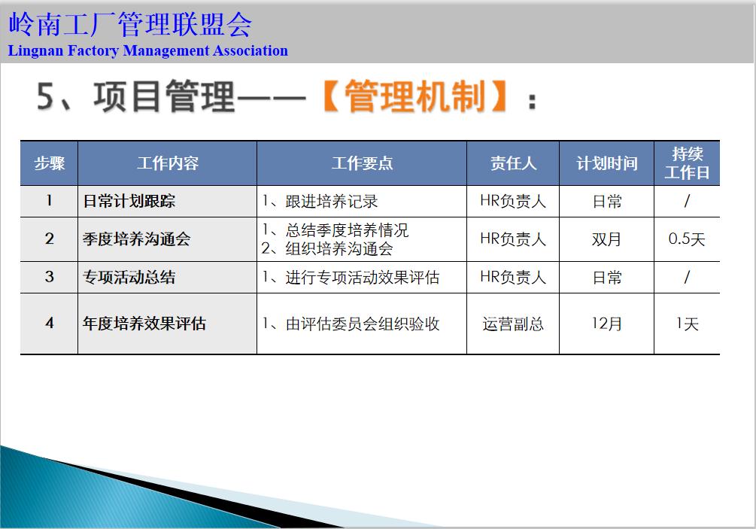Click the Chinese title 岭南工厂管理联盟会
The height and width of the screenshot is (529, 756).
tap(129, 25)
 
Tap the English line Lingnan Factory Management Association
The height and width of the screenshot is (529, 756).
tap(148, 51)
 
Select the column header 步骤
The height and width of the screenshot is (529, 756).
tap(49, 163)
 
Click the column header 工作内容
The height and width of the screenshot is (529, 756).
tap(167, 163)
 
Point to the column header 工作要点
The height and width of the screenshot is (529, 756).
tap(362, 163)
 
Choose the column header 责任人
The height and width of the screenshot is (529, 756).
tap(513, 163)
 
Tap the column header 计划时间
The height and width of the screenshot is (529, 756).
tap(606, 163)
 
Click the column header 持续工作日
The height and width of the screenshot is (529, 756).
tap(687, 163)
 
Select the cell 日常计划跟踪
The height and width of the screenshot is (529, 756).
tap(129, 202)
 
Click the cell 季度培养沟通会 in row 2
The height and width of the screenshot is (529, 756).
tap(136, 239)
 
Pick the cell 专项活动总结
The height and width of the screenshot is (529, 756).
tap(129, 277)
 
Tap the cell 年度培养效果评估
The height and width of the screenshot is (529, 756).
tap(144, 324)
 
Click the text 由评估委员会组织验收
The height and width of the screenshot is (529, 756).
tap(351, 324)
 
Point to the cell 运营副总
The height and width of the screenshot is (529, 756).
tap(513, 324)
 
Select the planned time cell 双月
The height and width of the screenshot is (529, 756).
tap(606, 239)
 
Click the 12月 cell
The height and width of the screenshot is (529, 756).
tap(606, 324)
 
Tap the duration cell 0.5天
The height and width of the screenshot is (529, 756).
tap(687, 239)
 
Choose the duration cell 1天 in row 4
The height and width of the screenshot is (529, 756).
tap(687, 324)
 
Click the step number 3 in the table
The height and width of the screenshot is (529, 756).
tap(49, 277)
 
